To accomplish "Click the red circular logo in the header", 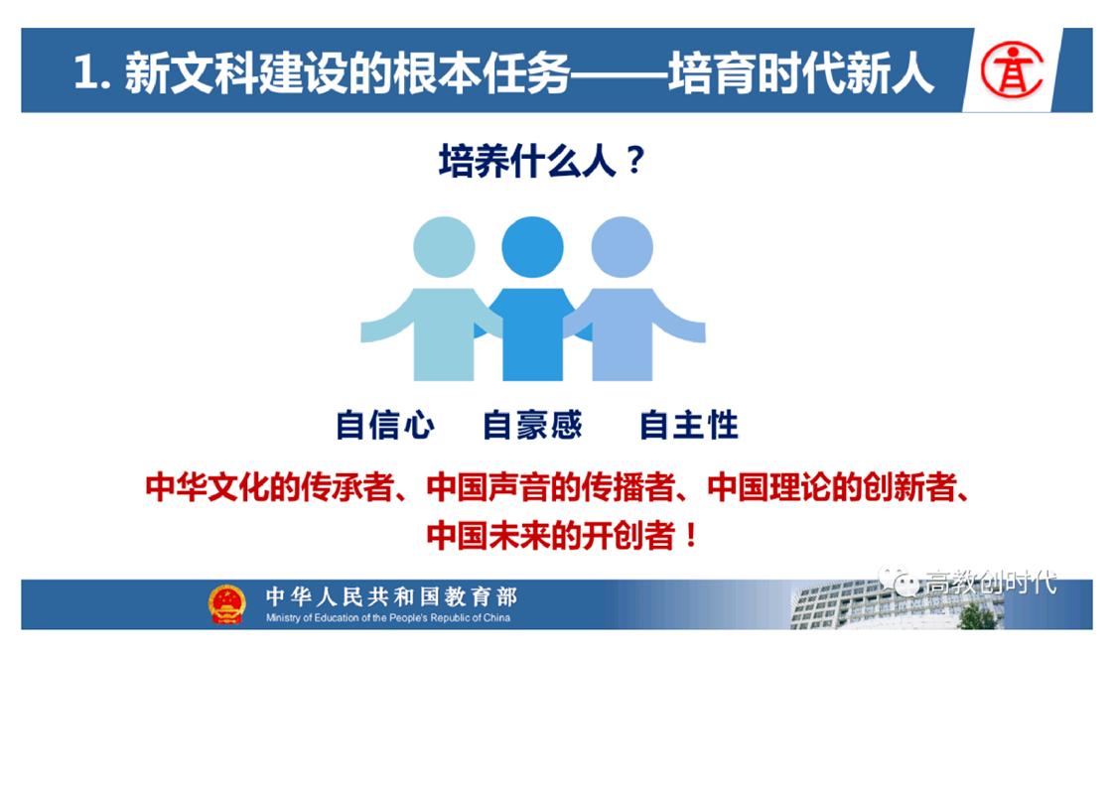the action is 1012,68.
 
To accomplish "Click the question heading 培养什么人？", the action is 541,161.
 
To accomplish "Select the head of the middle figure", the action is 532,246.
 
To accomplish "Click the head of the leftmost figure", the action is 444,246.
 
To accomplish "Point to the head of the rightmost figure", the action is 622,246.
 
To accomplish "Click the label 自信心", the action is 384,425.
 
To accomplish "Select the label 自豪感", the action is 532,425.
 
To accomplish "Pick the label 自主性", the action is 688,425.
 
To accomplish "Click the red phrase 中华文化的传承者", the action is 269,487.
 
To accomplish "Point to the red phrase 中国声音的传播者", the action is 551,487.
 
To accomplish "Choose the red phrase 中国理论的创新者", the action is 831,487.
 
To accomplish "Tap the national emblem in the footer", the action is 226,604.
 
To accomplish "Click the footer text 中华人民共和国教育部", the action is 391,595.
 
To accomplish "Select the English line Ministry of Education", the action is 388,618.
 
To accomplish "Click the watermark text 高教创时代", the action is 991,582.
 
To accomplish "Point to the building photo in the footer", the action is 897,604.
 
